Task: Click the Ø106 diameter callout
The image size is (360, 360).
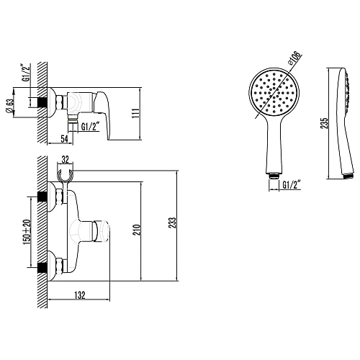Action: pyautogui.click(x=297, y=58)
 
